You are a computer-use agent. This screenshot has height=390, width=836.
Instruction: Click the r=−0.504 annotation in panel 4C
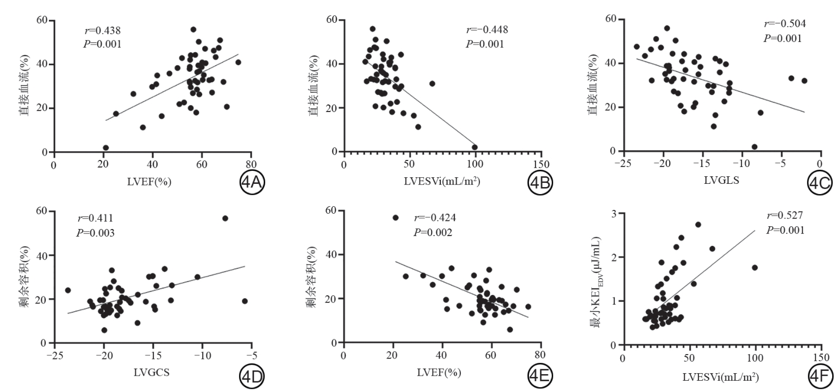784,24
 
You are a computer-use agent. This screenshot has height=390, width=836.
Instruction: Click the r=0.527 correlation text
785,215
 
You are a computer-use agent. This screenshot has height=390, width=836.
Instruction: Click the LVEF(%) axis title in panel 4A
151,182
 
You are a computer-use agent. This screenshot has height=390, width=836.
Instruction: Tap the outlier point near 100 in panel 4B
475,147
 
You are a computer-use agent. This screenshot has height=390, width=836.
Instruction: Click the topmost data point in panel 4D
225,218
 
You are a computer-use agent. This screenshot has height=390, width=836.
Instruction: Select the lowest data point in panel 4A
105,148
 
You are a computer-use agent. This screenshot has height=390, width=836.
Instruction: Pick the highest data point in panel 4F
698,224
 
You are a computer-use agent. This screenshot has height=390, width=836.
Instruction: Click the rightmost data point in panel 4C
804,81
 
